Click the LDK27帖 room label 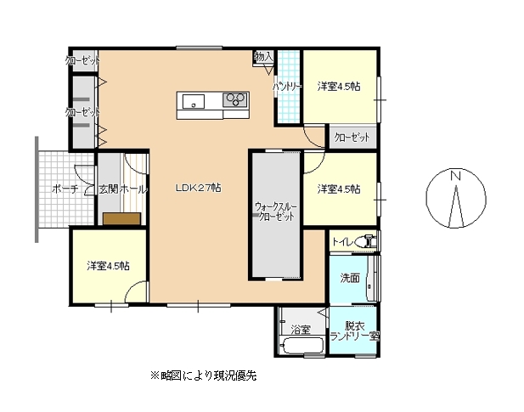(x=199, y=188)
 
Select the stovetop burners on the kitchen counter (x=234, y=100)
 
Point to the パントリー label (x=286, y=87)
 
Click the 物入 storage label (x=263, y=57)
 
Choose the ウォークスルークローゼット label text (x=274, y=212)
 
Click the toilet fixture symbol (x=365, y=242)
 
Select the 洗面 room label (x=349, y=277)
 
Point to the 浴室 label (x=300, y=329)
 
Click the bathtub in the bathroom (x=301, y=347)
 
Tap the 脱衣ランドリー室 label (x=354, y=330)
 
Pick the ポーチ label (x=64, y=189)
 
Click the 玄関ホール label (x=122, y=189)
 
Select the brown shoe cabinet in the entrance (x=121, y=218)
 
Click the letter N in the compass (x=455, y=177)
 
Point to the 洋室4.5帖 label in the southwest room (x=108, y=265)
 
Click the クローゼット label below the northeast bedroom (x=352, y=137)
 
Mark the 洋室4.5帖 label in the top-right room (x=339, y=86)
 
